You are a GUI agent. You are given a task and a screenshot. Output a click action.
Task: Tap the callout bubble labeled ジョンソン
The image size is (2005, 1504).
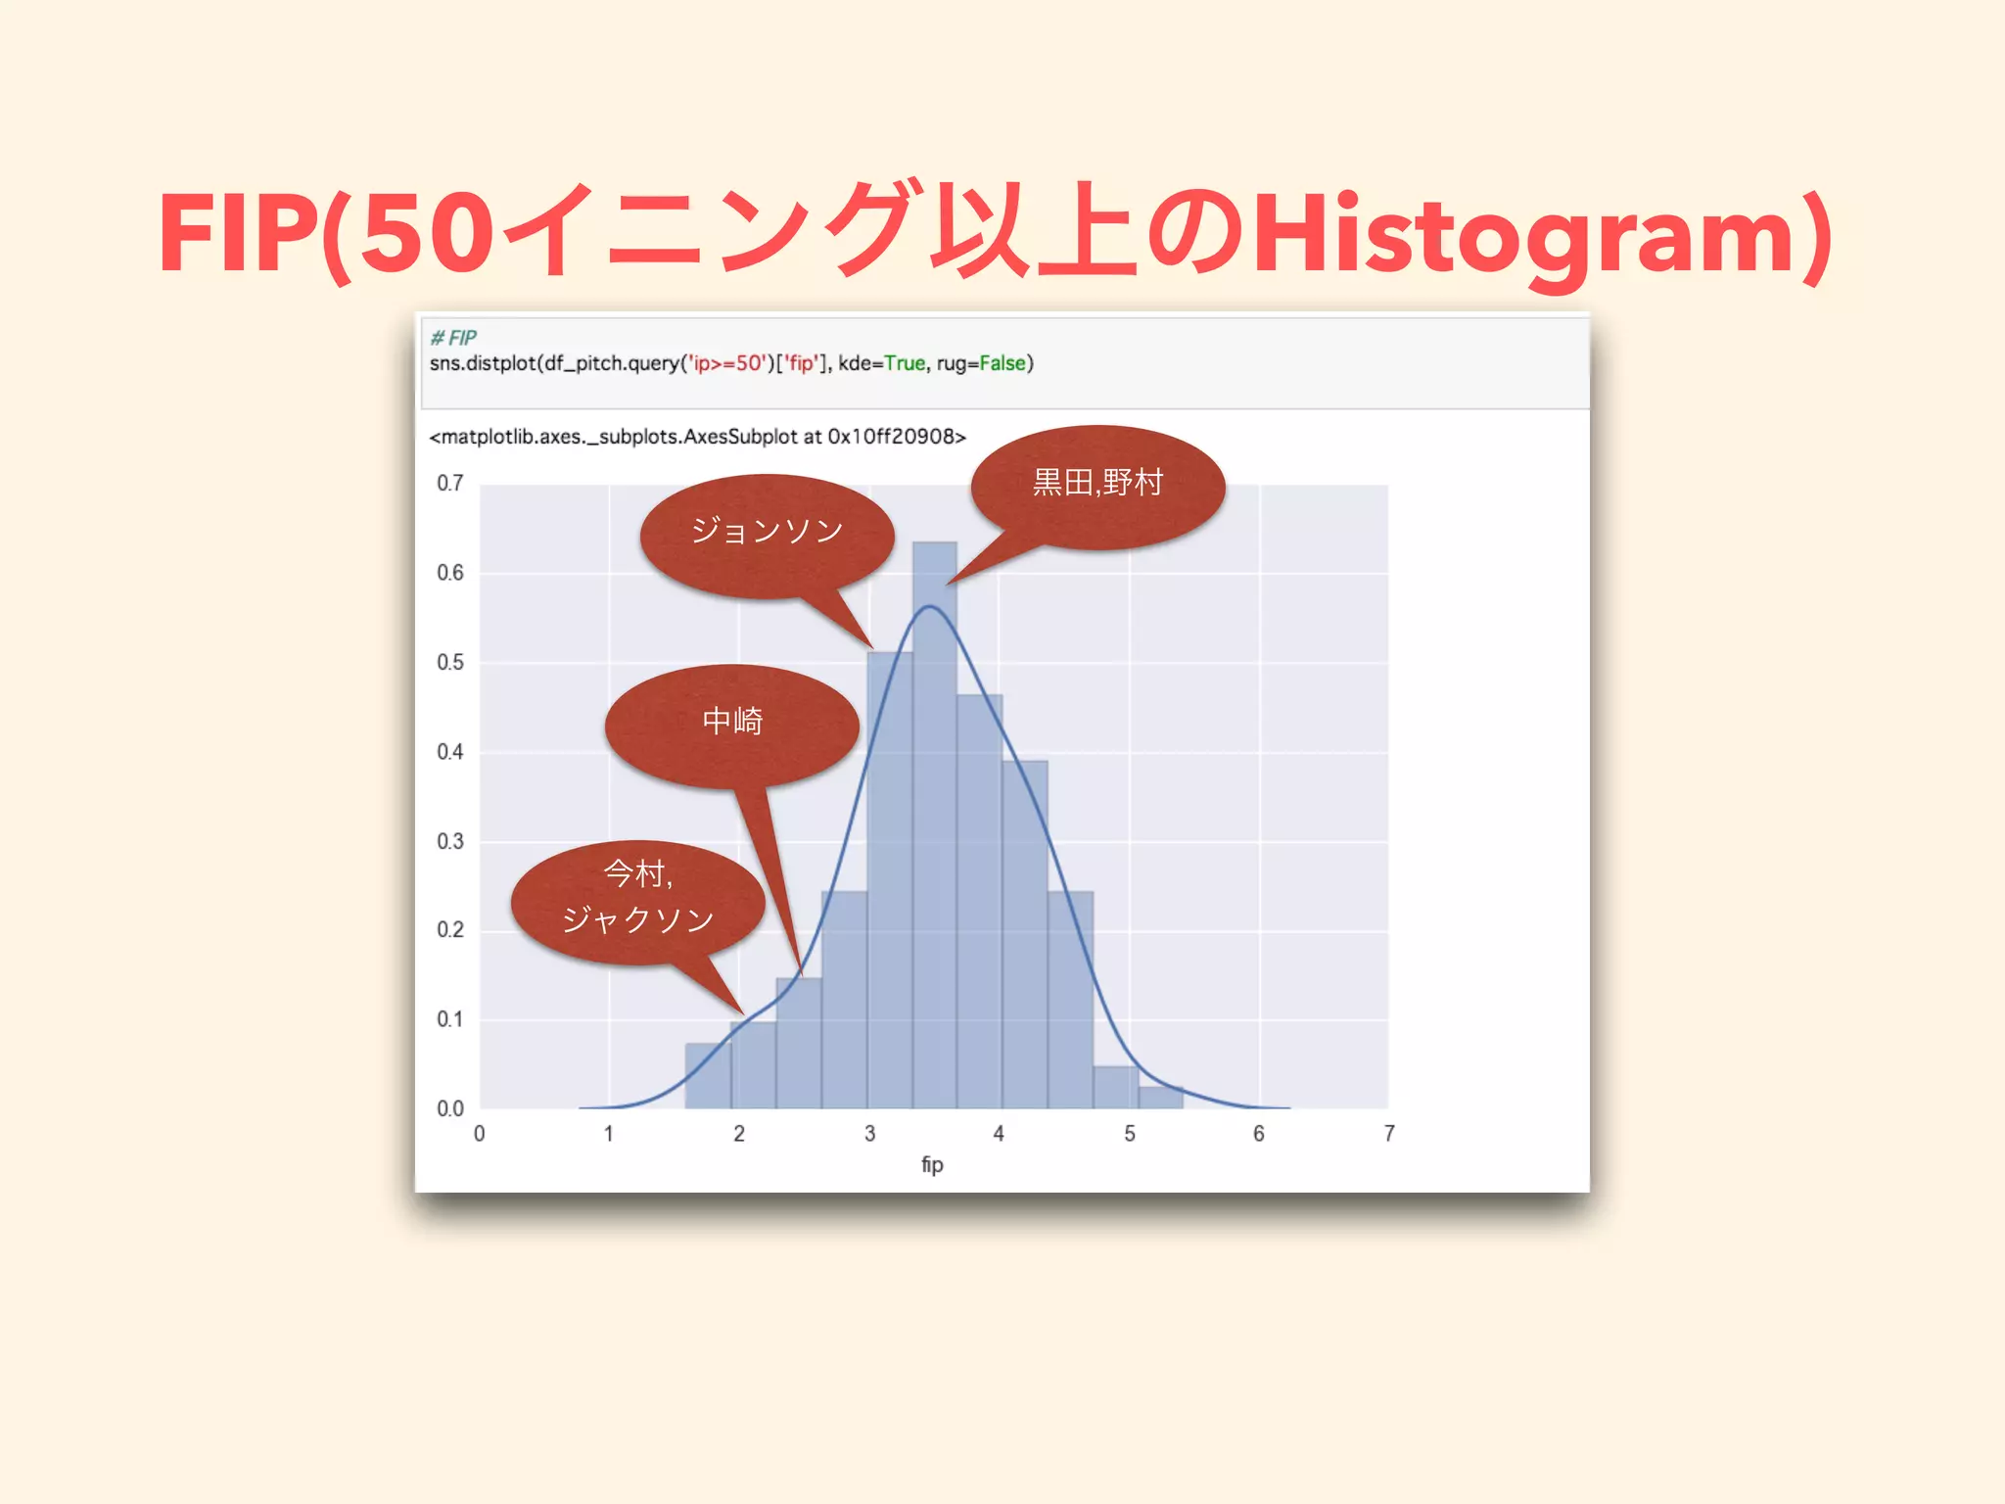click(x=767, y=534)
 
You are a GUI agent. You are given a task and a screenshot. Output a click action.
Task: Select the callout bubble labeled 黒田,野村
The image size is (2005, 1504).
click(x=1097, y=485)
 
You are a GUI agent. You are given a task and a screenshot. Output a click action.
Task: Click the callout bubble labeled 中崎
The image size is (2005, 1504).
click(x=732, y=723)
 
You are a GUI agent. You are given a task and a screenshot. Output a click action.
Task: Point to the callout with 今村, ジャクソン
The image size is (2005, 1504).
click(x=637, y=899)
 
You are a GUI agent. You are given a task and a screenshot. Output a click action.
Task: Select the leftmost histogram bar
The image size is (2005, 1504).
click(x=708, y=1076)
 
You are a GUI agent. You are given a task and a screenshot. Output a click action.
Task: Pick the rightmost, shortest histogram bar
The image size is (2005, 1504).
click(x=1160, y=1098)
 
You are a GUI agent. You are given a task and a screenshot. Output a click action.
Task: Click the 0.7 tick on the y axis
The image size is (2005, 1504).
click(x=450, y=484)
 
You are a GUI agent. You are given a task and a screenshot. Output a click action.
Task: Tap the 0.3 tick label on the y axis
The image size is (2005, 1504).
click(x=450, y=842)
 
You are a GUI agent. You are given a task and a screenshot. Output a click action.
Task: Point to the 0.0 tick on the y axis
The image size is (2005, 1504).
click(x=450, y=1109)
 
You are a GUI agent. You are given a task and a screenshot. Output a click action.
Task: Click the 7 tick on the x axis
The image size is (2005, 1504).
click(x=1389, y=1134)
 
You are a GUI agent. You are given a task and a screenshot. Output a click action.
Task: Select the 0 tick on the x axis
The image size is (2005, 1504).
click(x=480, y=1134)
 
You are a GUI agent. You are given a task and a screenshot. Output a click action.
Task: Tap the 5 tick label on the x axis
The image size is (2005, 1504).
click(x=1130, y=1134)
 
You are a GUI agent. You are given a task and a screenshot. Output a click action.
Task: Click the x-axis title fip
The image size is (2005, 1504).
click(x=932, y=1165)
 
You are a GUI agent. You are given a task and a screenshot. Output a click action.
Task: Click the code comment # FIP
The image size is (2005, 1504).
click(x=453, y=338)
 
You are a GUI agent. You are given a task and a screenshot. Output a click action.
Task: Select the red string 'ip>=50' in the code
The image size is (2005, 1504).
click(x=727, y=364)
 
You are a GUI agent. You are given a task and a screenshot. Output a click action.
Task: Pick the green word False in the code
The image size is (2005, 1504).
click(x=1002, y=364)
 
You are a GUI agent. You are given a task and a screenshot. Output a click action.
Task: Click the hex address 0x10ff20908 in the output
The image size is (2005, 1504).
click(x=896, y=437)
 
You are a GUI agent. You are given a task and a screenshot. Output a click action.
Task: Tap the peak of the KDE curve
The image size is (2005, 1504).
click(x=930, y=607)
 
